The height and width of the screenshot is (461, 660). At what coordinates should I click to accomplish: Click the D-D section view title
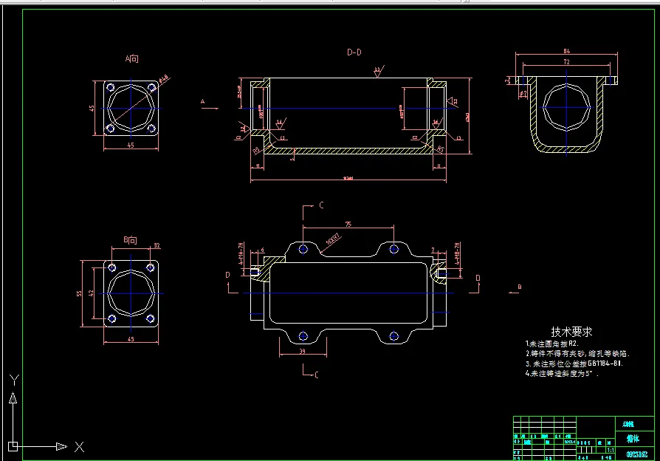click(x=354, y=52)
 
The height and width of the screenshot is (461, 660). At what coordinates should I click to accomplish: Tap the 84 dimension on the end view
click(x=566, y=50)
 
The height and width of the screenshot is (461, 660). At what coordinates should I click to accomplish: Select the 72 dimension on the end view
click(x=566, y=63)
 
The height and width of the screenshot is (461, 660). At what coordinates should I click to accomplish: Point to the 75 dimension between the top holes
click(x=348, y=225)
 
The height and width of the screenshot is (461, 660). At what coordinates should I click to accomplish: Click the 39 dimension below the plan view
click(x=303, y=352)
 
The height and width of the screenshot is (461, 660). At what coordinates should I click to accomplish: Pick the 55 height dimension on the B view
click(x=80, y=293)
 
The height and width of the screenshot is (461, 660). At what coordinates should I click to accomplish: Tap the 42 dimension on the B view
click(x=91, y=293)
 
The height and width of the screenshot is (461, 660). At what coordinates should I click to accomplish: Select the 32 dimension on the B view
click(x=157, y=245)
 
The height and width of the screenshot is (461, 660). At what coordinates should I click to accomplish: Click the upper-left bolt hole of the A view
click(x=111, y=88)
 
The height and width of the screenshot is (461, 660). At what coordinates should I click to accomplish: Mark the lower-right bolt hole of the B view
click(x=151, y=319)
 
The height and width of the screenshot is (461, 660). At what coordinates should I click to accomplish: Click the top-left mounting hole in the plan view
click(x=303, y=249)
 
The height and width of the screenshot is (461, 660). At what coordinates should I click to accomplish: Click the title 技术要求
click(x=571, y=332)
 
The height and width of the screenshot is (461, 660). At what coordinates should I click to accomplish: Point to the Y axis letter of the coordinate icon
click(x=13, y=380)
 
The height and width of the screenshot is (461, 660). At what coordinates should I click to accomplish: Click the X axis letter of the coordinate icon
click(x=79, y=447)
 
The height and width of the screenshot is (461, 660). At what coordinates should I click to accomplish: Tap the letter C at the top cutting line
click(x=321, y=206)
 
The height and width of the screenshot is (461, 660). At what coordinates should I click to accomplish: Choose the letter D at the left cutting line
click(x=228, y=275)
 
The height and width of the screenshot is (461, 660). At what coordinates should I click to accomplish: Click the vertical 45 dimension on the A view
click(x=92, y=108)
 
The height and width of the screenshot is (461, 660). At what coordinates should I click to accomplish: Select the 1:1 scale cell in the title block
click(x=610, y=449)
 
